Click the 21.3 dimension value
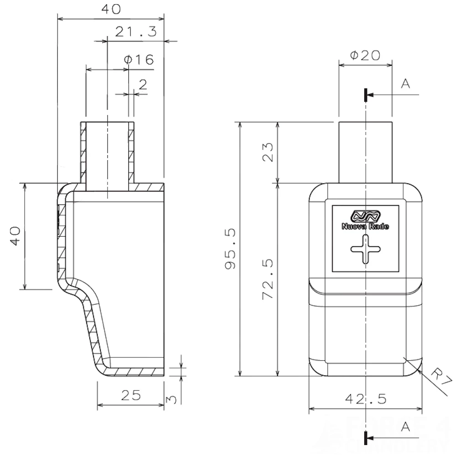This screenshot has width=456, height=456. click(x=136, y=31)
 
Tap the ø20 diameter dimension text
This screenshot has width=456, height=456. click(x=365, y=55)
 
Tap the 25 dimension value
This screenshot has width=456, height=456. click(x=130, y=395)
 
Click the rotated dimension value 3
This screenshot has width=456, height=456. click(x=172, y=399)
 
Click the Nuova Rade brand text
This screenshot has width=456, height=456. click(x=365, y=226)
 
